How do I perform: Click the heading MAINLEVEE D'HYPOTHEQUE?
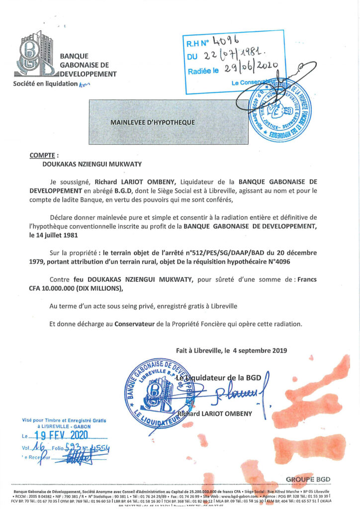[x=152, y=122]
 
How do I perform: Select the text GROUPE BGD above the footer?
[x=308, y=480]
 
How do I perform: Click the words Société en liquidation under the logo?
[x=46, y=84]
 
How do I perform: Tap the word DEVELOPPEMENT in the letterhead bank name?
[x=88, y=74]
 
